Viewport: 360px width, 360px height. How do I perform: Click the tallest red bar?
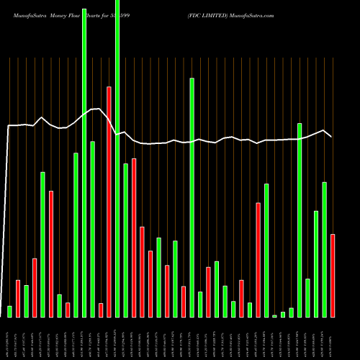pos(109,202)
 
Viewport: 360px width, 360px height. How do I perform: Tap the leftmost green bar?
pos(9,311)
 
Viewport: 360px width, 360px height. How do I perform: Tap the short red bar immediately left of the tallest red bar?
pos(101,310)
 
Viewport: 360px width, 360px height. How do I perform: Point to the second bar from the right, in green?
pos(324,249)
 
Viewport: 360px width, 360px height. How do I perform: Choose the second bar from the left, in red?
pos(18,298)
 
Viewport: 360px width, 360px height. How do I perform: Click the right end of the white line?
pos(331,136)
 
